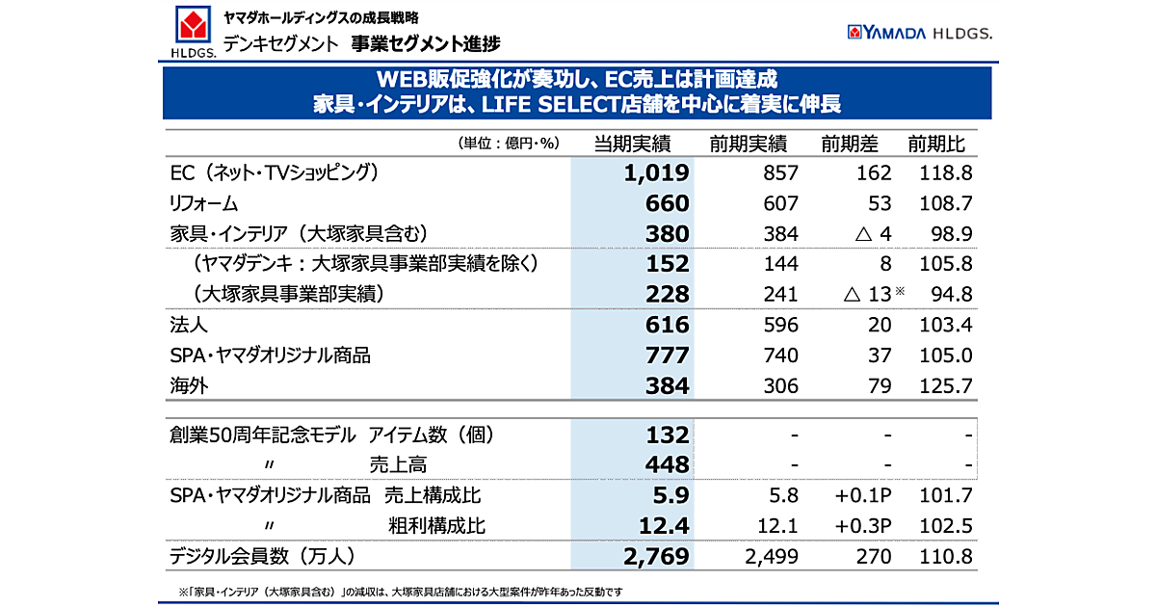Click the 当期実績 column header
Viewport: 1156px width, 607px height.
tap(632, 145)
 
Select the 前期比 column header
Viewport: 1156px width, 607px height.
tap(936, 145)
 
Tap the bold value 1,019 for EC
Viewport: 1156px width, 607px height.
tap(657, 173)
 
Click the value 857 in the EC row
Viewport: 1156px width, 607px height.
tap(779, 173)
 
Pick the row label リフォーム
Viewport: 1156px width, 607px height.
tap(203, 203)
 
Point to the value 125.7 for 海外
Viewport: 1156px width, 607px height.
tap(945, 386)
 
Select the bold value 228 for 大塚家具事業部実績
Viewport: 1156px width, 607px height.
tap(668, 295)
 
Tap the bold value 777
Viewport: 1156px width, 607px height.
tap(668, 356)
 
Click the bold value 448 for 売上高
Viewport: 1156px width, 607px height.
tap(668, 465)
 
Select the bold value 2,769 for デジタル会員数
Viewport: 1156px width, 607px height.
tap(657, 557)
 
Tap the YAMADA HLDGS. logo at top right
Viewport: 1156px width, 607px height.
tap(920, 33)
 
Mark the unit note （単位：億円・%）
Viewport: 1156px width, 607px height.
tap(509, 145)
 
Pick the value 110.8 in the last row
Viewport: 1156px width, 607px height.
tap(945, 557)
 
